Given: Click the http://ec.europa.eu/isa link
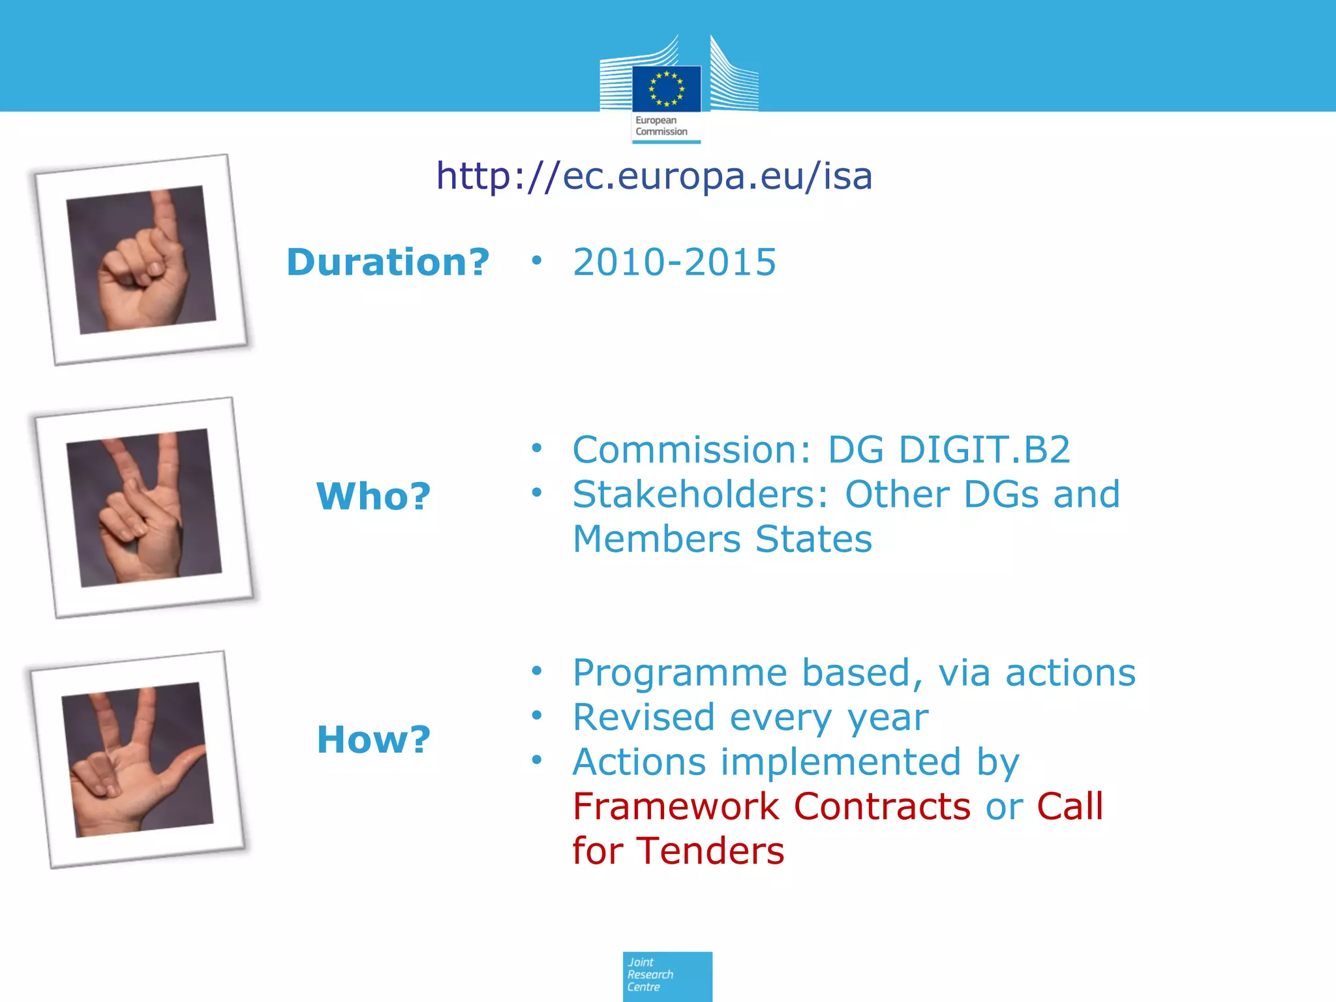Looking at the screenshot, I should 654,176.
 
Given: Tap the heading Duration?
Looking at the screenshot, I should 388,262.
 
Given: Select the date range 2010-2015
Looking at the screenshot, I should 675,262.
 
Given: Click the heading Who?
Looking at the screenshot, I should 374,496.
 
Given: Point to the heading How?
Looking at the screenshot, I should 374,740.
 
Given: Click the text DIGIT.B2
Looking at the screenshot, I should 984,450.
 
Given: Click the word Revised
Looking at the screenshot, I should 644,718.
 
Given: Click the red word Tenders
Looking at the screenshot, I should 710,851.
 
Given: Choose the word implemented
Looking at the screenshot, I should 841,762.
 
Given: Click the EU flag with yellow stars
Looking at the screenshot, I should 666,89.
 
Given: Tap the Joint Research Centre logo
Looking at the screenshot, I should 667,976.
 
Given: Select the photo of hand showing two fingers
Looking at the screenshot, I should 144,508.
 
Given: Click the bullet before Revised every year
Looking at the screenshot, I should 536,716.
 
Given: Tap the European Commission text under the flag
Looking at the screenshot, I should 661,126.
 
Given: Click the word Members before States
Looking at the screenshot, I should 656,539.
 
